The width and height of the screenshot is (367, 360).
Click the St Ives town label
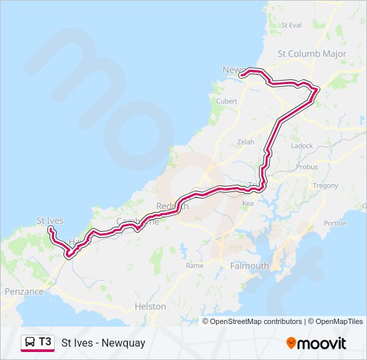click(x=50, y=220)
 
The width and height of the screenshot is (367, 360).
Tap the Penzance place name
click(x=23, y=291)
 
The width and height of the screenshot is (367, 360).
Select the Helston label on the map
click(x=150, y=307)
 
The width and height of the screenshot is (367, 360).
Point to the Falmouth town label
click(x=249, y=265)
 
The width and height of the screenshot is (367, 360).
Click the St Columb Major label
click(x=308, y=53)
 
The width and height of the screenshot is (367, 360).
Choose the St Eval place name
click(x=292, y=25)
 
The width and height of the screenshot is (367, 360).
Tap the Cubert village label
click(x=227, y=101)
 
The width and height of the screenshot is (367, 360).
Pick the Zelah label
click(x=246, y=142)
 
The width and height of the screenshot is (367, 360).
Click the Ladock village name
click(x=302, y=145)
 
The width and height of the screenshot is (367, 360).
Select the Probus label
click(x=307, y=167)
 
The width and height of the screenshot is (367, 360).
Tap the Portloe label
click(x=335, y=223)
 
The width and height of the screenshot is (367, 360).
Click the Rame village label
click(x=195, y=265)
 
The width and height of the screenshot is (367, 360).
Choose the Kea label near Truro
click(x=248, y=203)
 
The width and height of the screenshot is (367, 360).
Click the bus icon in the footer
click(x=30, y=343)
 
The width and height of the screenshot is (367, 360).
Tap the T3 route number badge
click(x=45, y=342)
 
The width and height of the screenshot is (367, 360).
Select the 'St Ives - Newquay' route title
click(x=103, y=343)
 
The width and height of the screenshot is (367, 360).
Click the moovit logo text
click(x=322, y=343)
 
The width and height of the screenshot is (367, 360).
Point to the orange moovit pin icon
click(x=292, y=343)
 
